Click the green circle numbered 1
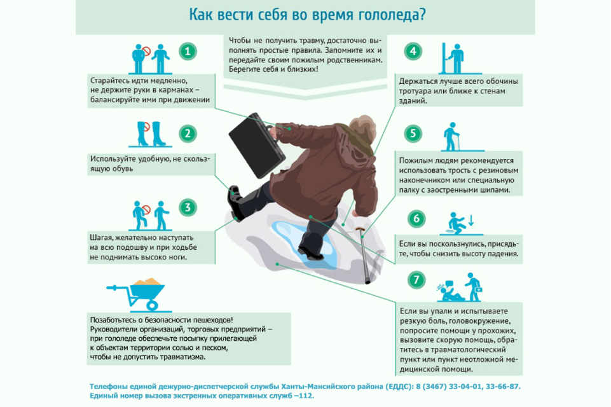[x=188, y=51]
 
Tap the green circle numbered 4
[x=413, y=51]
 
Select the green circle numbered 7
[x=416, y=280]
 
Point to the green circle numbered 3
[x=188, y=207]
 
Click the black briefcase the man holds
[x=256, y=145]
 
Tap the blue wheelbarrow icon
[x=137, y=294]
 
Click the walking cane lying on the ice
[x=364, y=255]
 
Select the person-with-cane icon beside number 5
[x=452, y=137]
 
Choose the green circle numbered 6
[x=416, y=219]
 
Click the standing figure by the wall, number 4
[x=456, y=59]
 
